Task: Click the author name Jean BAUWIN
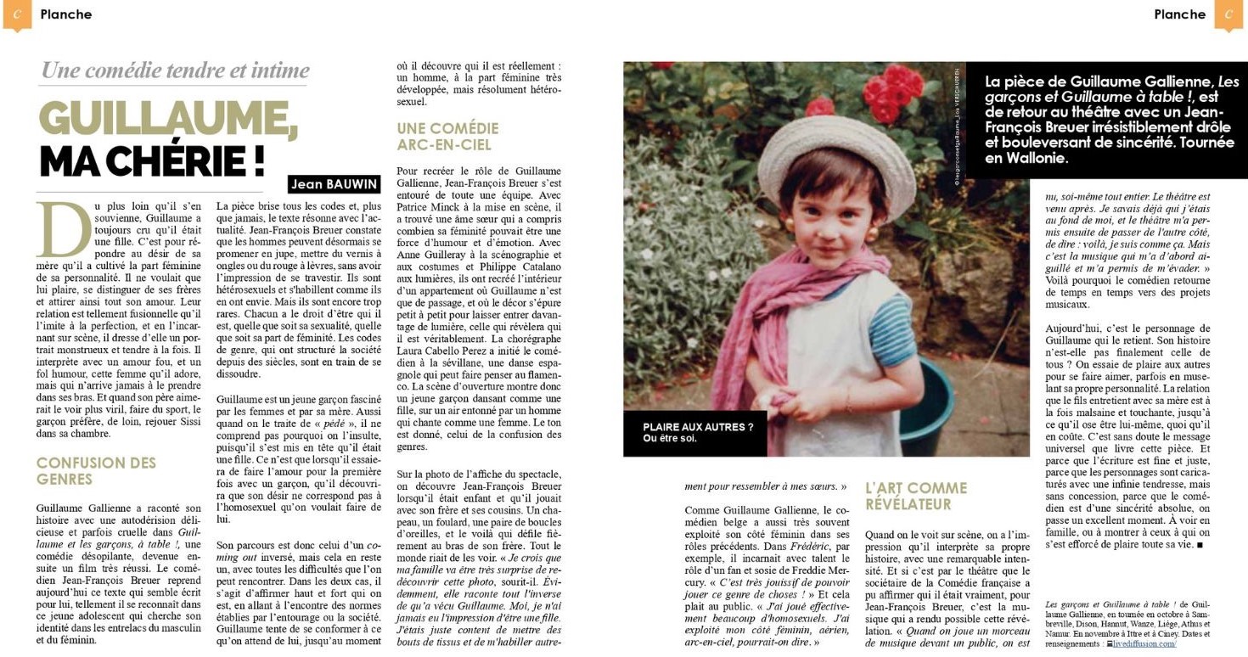tap(333, 183)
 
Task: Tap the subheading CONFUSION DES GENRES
tap(96, 471)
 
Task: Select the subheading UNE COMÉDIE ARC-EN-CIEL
tap(447, 136)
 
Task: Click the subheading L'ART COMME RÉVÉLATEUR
tap(915, 496)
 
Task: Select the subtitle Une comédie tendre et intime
tap(175, 70)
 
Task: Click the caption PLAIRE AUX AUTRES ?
tap(697, 427)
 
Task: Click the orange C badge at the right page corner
tap(1228, 14)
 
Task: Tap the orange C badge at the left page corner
tap(17, 14)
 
